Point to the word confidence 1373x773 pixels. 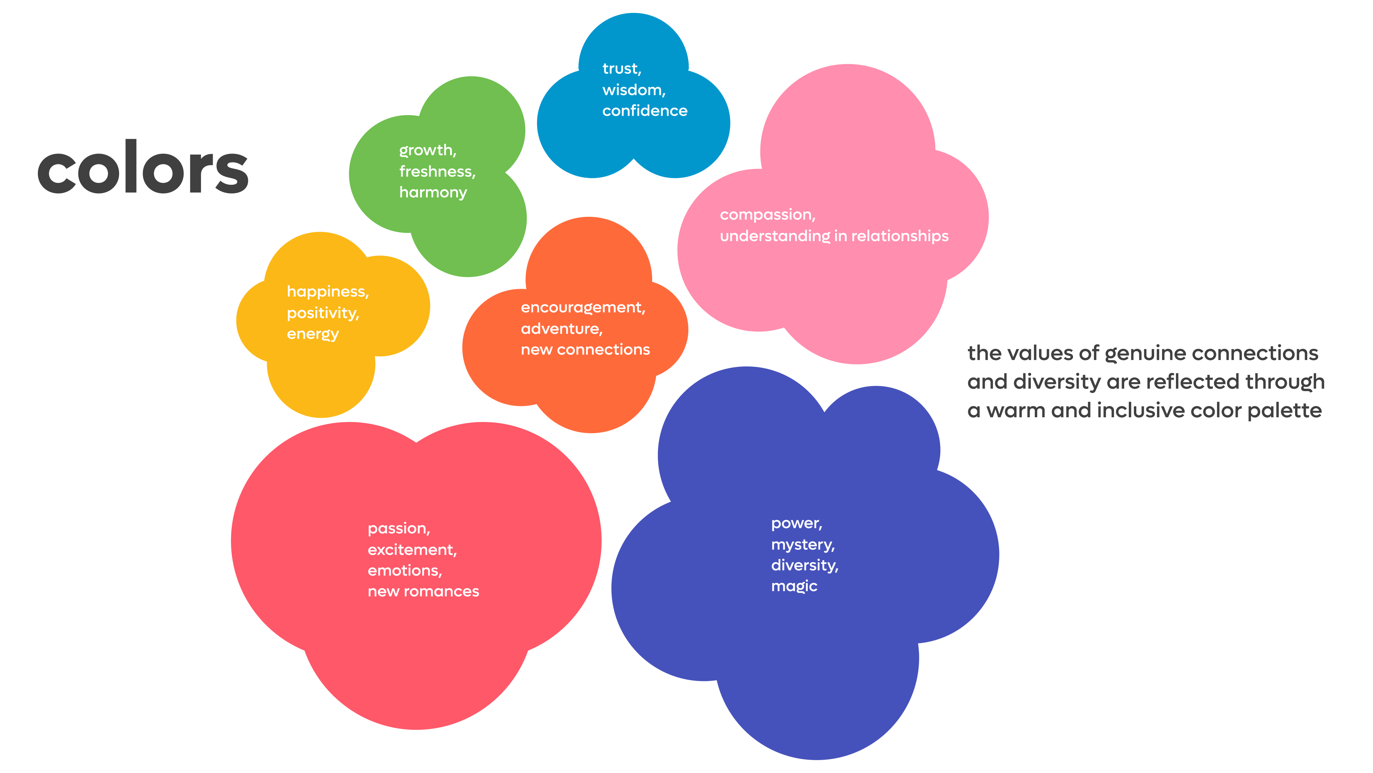tap(644, 111)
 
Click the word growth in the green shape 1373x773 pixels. tap(427, 150)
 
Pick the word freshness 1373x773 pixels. tap(436, 171)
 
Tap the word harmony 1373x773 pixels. tap(433, 192)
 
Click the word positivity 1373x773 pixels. tap(322, 313)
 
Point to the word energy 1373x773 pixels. tap(313, 334)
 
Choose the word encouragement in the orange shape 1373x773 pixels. tap(582, 308)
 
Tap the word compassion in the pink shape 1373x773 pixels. tap(767, 215)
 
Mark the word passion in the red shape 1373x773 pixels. tap(398, 529)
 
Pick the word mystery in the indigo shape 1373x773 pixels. tap(802, 545)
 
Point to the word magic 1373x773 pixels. tap(794, 586)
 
